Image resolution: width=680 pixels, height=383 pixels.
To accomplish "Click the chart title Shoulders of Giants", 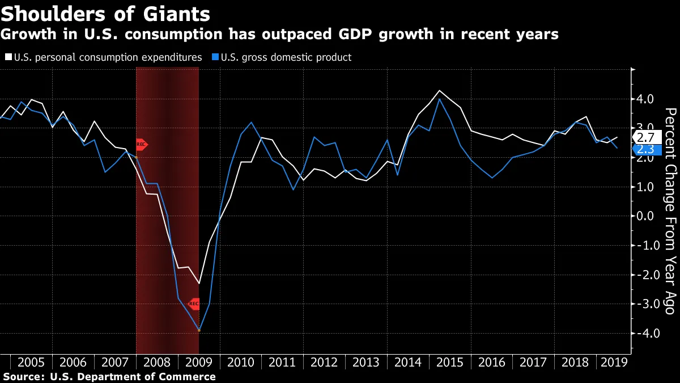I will (105, 14).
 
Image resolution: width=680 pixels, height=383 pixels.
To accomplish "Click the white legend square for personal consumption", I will (8, 57).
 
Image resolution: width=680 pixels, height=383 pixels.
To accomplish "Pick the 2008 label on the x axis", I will (156, 363).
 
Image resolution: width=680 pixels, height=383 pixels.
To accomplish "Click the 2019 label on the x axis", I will (614, 363).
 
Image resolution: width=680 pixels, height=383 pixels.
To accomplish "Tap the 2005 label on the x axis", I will (31, 363).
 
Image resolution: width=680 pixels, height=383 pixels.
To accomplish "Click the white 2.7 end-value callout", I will (645, 137).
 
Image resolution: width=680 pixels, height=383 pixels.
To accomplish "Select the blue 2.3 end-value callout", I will (645, 149).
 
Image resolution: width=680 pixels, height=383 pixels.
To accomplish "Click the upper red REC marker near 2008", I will (141, 144).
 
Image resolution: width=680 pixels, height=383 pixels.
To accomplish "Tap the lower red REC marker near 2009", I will (193, 304).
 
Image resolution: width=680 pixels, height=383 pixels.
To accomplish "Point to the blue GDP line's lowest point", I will (199, 330).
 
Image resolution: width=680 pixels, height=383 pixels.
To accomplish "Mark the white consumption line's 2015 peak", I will (439, 91).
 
